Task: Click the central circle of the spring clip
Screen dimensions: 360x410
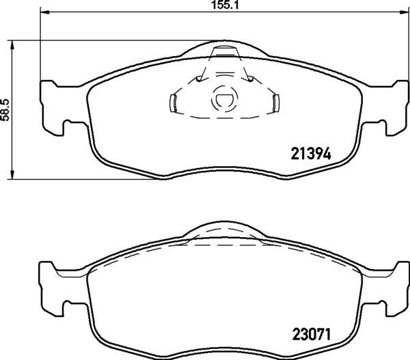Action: click(223, 100)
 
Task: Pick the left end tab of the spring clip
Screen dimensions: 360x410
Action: click(173, 102)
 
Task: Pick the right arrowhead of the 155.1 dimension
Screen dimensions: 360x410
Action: click(399, 12)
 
